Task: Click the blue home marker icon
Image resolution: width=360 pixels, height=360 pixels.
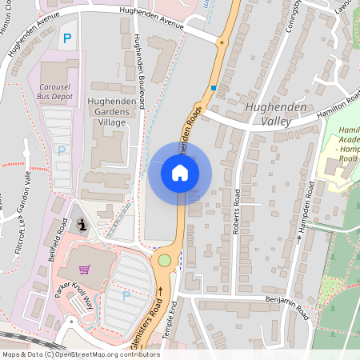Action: click(x=180, y=173)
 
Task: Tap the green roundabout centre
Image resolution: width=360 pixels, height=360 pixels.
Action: click(x=165, y=259)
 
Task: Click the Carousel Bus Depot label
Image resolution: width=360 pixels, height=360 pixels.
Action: click(x=55, y=90)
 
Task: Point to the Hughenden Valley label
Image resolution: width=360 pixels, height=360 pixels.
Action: click(x=276, y=114)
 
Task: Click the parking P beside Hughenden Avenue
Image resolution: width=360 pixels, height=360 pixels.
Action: click(x=67, y=38)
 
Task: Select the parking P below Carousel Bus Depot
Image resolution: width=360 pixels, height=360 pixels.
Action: click(x=62, y=150)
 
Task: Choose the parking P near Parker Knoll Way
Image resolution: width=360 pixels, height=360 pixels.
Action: click(x=126, y=295)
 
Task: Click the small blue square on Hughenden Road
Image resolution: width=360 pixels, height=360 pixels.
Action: click(x=214, y=88)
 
